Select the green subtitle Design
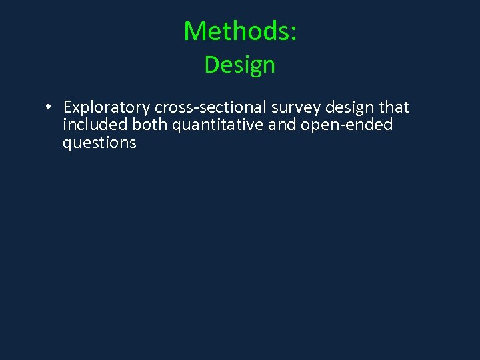click(240, 65)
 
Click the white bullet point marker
click(49, 107)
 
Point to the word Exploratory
click(107, 108)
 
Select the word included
click(95, 125)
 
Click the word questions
click(99, 143)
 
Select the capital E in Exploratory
click(68, 108)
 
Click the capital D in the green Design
click(211, 65)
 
